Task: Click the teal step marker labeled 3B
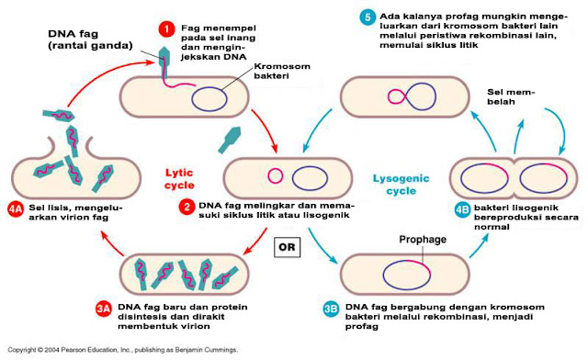(x=330, y=309)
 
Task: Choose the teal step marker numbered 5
(x=367, y=16)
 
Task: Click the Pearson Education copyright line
(x=120, y=351)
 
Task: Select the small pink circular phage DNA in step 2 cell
(x=274, y=176)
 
